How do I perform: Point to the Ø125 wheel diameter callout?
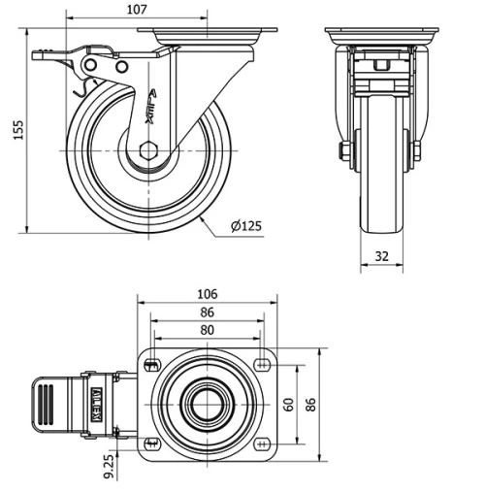(x=246, y=226)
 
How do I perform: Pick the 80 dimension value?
(x=207, y=329)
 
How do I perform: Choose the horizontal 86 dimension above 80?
(x=207, y=312)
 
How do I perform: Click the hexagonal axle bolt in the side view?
(x=146, y=150)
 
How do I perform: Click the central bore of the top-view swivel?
(x=207, y=404)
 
